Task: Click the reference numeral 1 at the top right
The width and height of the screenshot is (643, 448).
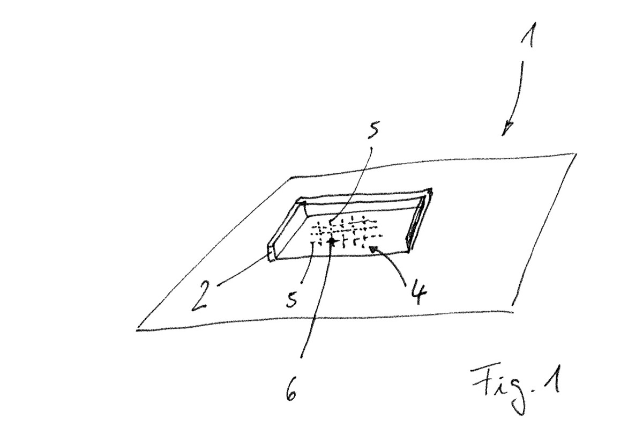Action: click(528, 34)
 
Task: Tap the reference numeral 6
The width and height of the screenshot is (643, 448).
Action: click(291, 391)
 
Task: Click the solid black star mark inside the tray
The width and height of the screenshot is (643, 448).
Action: click(332, 241)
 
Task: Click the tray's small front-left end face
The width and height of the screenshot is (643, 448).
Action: click(271, 253)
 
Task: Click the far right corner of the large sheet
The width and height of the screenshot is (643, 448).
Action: click(576, 154)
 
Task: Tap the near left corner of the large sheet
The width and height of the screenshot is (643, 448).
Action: click(137, 330)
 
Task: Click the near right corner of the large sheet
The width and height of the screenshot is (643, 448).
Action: click(513, 312)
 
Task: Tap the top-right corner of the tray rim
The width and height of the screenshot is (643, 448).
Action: click(431, 189)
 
